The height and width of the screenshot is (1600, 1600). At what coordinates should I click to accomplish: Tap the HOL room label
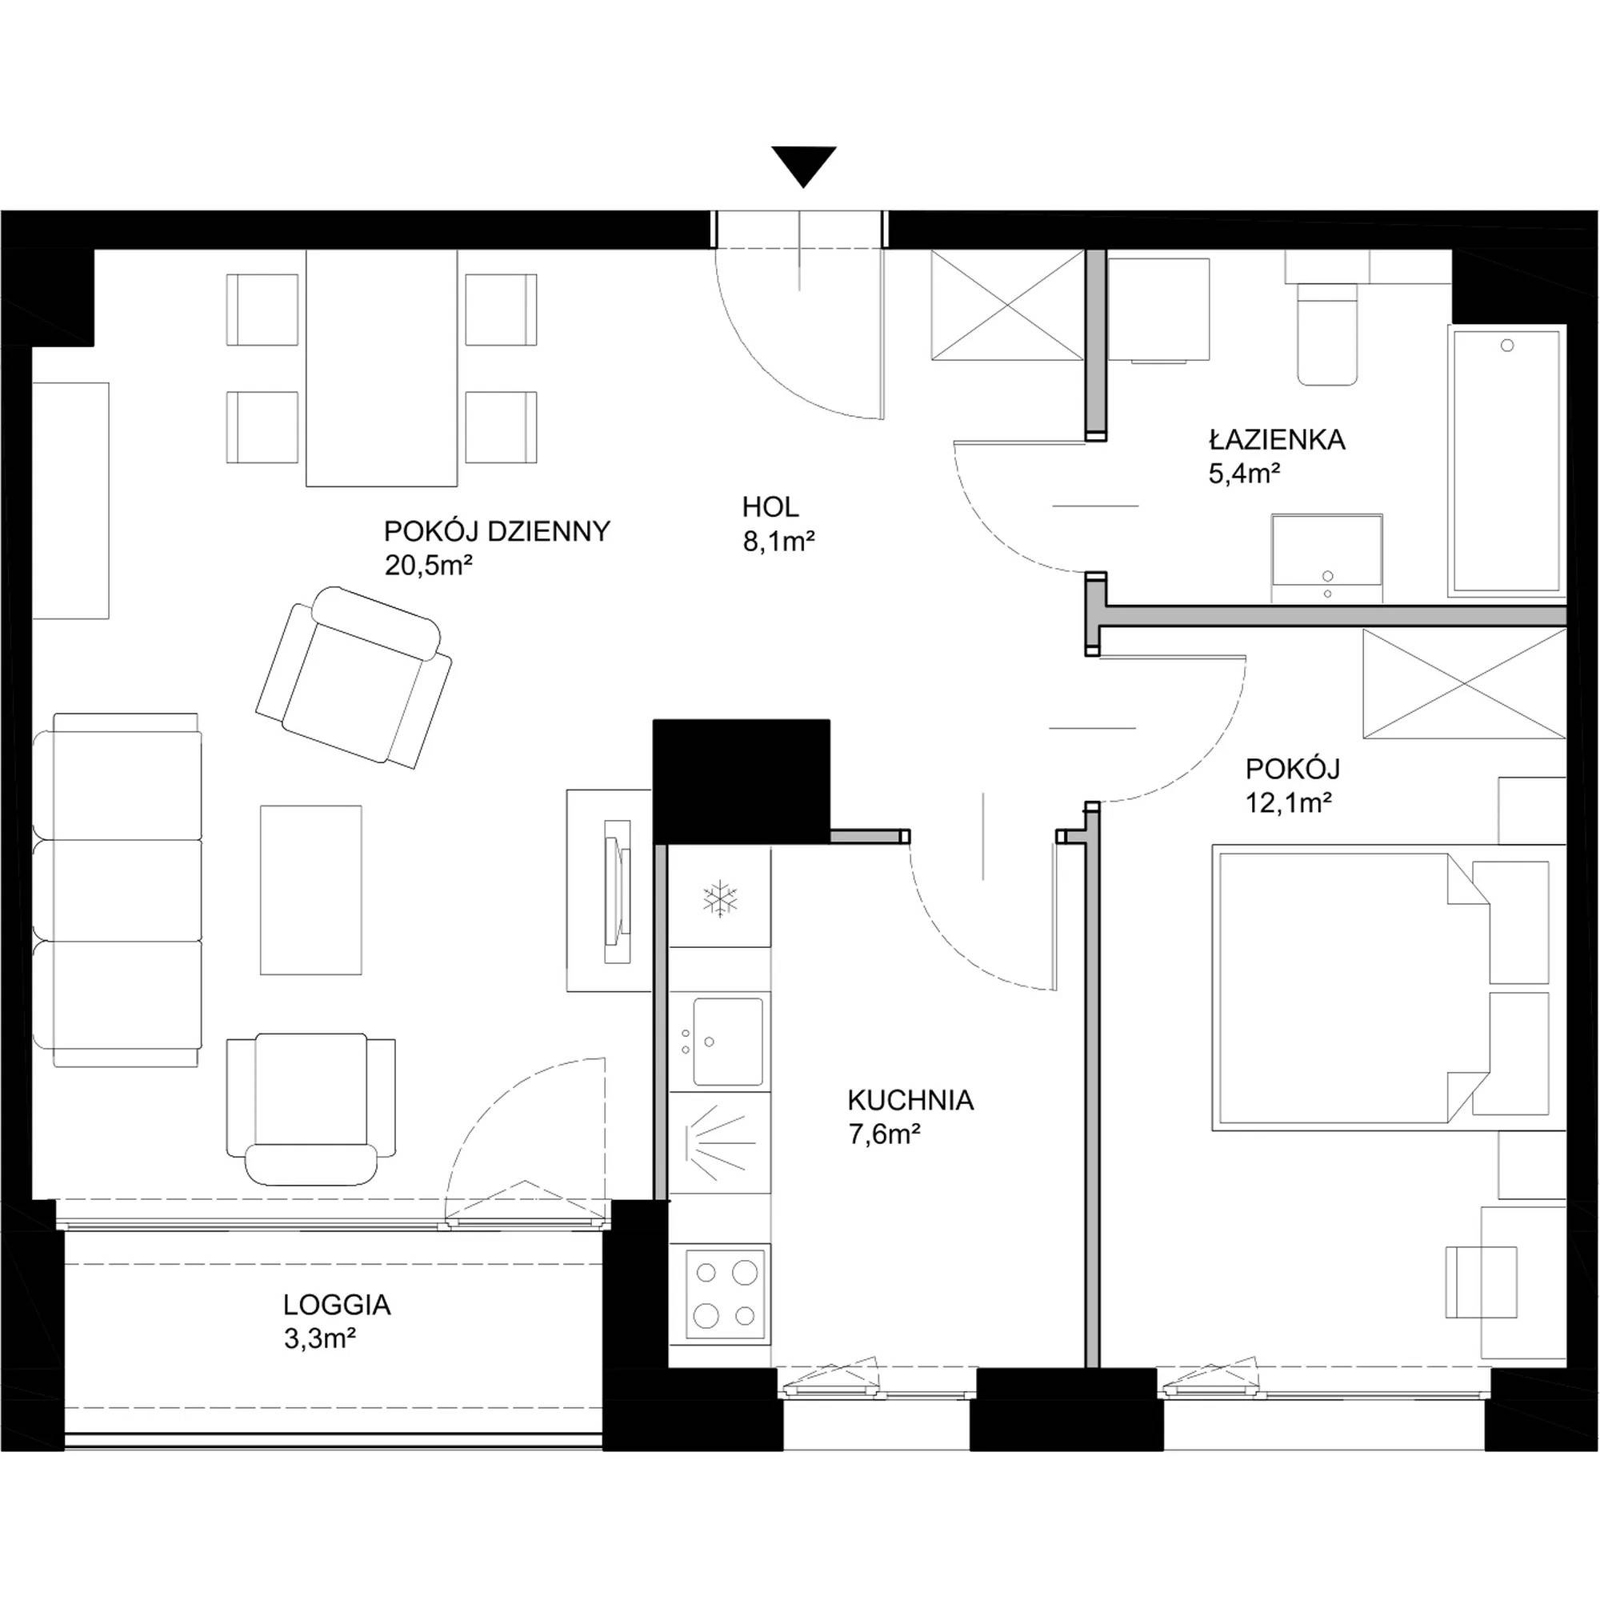click(770, 507)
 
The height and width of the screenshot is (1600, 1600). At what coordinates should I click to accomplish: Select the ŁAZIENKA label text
click(1276, 440)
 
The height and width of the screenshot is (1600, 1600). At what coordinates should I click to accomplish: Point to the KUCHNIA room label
click(910, 1101)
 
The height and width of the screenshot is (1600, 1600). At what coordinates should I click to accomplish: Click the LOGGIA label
click(336, 1305)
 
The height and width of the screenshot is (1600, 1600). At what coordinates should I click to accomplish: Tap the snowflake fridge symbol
click(720, 898)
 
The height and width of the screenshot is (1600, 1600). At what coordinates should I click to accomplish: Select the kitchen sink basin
click(728, 1041)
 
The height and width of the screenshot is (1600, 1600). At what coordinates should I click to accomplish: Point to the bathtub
click(1506, 462)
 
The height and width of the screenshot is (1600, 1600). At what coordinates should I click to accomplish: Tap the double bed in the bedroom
click(1389, 987)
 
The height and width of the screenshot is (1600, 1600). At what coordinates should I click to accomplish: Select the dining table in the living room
click(382, 368)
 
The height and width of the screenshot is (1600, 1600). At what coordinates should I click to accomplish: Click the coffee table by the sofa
click(310, 890)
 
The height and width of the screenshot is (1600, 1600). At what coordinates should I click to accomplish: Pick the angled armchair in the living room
click(354, 678)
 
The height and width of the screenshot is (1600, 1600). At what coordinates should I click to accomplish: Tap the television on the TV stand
click(618, 891)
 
